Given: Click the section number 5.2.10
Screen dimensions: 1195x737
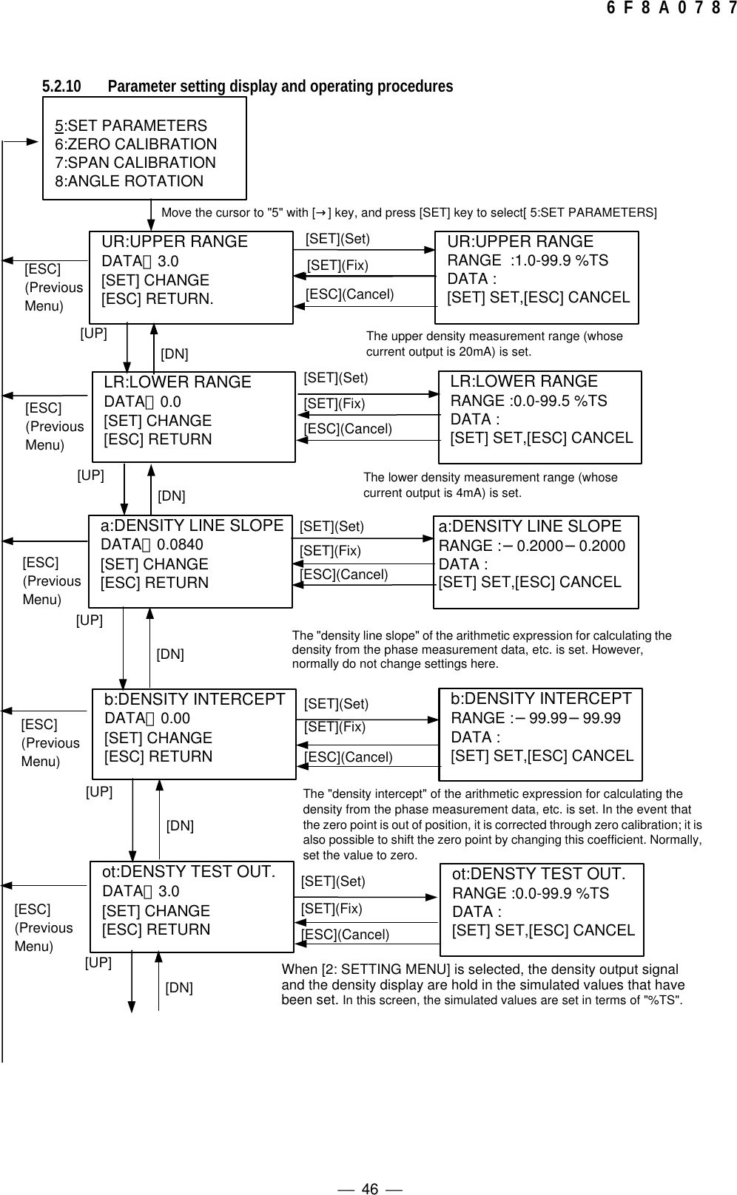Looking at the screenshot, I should (61, 87).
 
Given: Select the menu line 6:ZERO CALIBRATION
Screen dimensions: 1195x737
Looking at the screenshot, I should (136, 144).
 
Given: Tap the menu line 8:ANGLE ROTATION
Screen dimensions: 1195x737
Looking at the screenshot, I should (129, 181).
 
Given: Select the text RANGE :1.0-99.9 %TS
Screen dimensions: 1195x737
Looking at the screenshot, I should (528, 260).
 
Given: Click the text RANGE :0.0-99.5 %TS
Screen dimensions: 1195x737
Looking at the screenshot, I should (528, 401).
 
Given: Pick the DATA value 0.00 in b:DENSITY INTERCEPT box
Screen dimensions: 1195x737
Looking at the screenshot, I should (175, 718).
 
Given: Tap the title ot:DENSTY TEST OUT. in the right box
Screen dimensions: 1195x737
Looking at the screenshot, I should (539, 874).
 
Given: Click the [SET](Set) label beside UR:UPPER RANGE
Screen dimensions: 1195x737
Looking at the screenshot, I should (337, 239).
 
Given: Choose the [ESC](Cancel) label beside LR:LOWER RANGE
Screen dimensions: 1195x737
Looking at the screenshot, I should (348, 429).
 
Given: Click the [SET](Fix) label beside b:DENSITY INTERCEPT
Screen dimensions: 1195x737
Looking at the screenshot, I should (334, 727).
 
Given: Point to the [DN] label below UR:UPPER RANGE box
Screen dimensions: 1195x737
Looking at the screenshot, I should (175, 354).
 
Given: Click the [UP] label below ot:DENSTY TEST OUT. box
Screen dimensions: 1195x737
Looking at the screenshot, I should (98, 962).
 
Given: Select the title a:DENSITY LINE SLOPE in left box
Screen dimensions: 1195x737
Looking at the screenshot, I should (192, 526).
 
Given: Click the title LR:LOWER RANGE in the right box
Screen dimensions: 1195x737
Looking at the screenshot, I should (524, 382).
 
